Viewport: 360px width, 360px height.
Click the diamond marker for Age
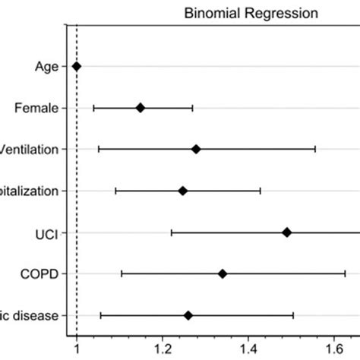[x=76, y=67]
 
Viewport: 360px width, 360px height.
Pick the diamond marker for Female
[x=141, y=108]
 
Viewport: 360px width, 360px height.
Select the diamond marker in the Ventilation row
[x=196, y=149]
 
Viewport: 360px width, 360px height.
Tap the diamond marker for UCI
[x=286, y=232]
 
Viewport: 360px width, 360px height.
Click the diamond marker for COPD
[x=223, y=273]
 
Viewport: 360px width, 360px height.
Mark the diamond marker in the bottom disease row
[x=188, y=314]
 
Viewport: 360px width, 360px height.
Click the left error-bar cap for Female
[x=93, y=108]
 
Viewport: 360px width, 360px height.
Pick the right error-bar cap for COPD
[x=346, y=273]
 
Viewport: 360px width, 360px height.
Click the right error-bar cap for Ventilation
[x=315, y=149]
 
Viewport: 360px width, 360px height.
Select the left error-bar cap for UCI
[x=172, y=232]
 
